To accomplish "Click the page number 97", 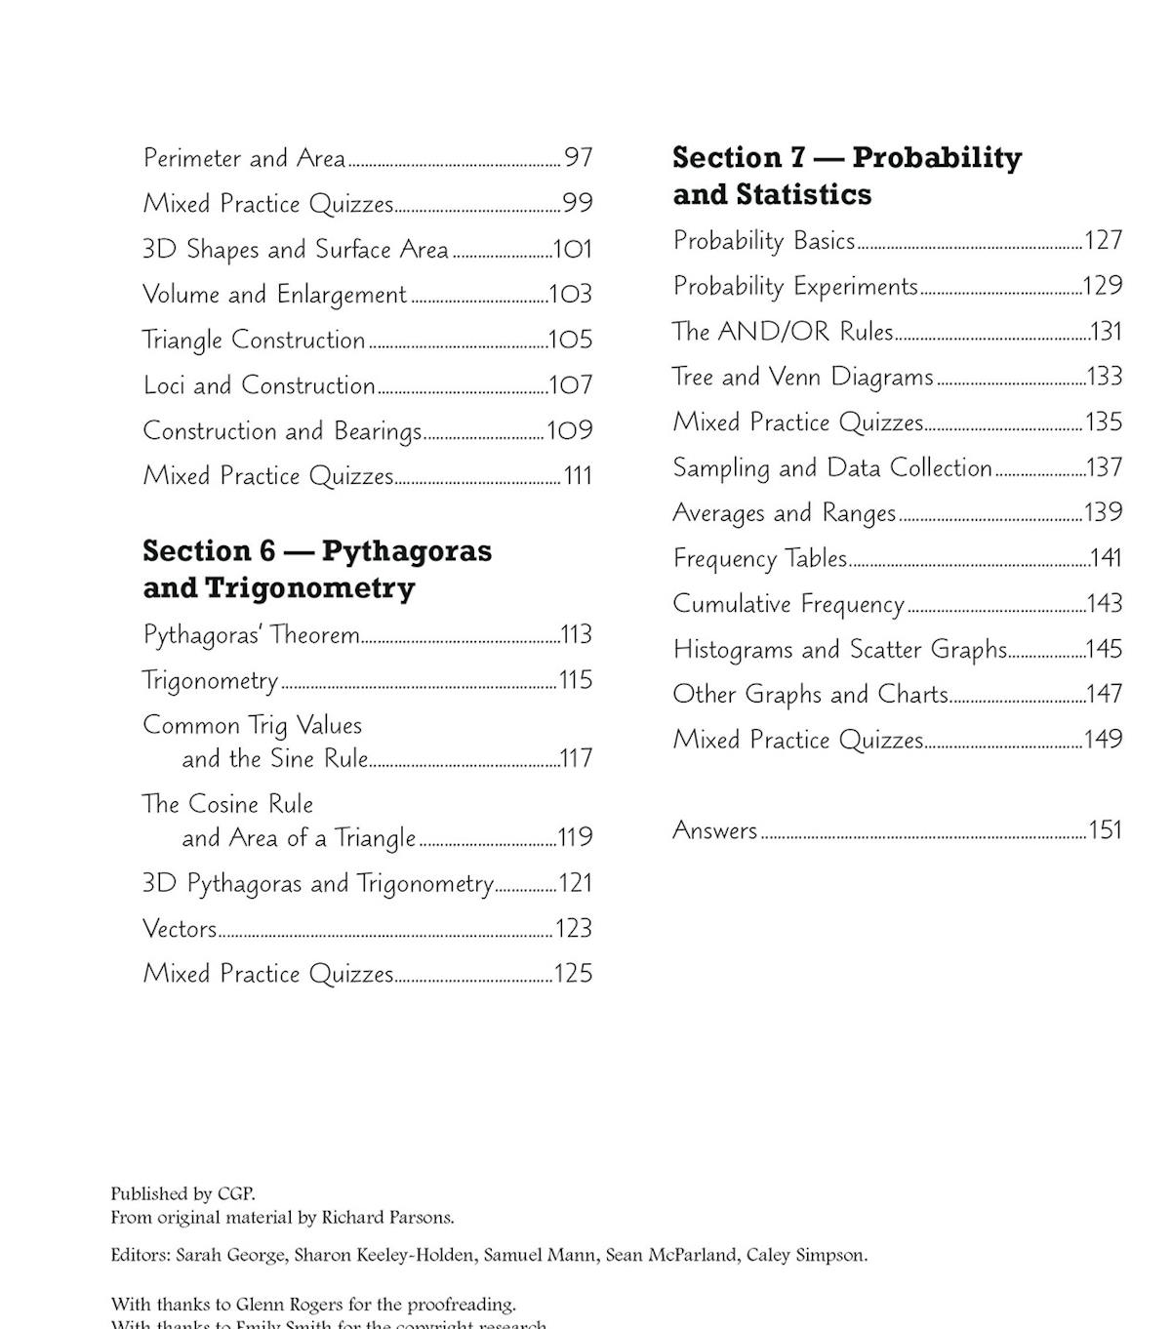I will pyautogui.click(x=578, y=157).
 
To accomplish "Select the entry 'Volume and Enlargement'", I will pyautogui.click(x=274, y=295).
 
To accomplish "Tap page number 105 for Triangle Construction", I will pyautogui.click(x=571, y=340).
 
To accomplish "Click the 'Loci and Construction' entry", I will pyautogui.click(x=259, y=385).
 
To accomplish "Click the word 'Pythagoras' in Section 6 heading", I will pyautogui.click(x=407, y=551).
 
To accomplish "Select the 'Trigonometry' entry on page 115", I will pyautogui.click(x=210, y=680).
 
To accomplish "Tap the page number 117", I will pyautogui.click(x=576, y=758).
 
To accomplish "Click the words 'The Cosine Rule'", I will pyautogui.click(x=227, y=804).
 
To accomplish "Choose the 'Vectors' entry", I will pyautogui.click(x=180, y=928).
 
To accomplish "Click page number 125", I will pyautogui.click(x=573, y=974).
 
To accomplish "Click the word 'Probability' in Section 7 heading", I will pyautogui.click(x=937, y=158).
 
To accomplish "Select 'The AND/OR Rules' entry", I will pyautogui.click(x=783, y=332).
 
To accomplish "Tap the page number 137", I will pyautogui.click(x=1104, y=467).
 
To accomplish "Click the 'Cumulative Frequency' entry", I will pyautogui.click(x=788, y=604).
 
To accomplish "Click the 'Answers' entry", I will pyautogui.click(x=715, y=830).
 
